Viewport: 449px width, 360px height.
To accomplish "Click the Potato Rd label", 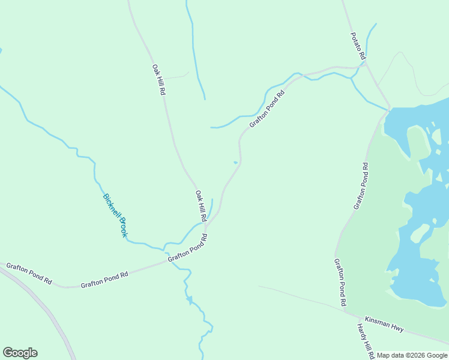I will pyautogui.click(x=358, y=45).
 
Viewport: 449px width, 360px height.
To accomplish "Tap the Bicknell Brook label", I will pyautogui.click(x=115, y=215).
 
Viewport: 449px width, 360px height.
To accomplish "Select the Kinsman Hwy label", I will pyautogui.click(x=384, y=325).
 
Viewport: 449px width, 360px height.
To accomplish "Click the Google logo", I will pyautogui.click(x=20, y=353).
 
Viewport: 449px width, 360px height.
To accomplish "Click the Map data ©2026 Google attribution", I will pyautogui.click(x=412, y=355).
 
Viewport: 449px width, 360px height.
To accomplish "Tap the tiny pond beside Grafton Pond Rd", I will pyautogui.click(x=235, y=162).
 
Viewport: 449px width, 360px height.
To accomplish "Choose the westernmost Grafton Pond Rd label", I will pyautogui.click(x=29, y=273).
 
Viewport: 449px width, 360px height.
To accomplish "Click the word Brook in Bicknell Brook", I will pyautogui.click(x=122, y=227).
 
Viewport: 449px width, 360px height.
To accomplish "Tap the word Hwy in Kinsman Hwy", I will pyautogui.click(x=397, y=329).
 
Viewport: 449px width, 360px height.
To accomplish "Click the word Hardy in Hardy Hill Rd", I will pyautogui.click(x=361, y=332).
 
